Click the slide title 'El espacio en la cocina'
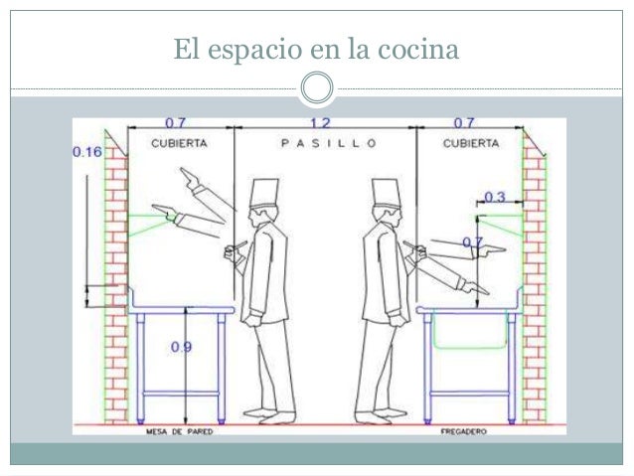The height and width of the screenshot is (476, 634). (x=316, y=47)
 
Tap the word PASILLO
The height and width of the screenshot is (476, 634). (x=328, y=142)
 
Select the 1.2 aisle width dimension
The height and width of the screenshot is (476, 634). (x=320, y=123)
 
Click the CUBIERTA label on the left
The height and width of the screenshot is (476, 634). (x=179, y=142)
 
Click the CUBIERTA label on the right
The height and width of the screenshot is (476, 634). (x=470, y=142)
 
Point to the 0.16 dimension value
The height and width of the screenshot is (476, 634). (x=86, y=152)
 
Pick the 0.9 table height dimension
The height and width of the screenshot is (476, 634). (x=183, y=347)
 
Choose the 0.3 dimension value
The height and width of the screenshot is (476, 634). (x=494, y=197)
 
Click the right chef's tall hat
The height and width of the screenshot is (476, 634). (x=384, y=194)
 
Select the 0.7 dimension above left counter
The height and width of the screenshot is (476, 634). (x=175, y=123)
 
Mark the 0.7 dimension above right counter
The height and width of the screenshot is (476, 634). (x=463, y=123)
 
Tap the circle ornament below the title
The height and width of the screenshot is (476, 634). (x=317, y=87)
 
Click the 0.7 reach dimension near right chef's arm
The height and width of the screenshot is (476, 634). (x=472, y=242)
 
